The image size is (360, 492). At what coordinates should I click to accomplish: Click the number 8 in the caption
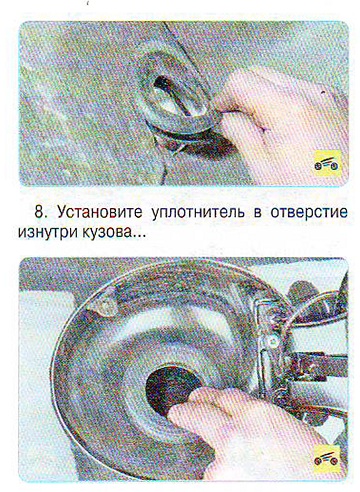click(x=39, y=212)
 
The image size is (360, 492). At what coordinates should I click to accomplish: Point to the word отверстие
click(x=309, y=213)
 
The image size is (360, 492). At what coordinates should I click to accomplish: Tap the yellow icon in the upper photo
click(x=328, y=163)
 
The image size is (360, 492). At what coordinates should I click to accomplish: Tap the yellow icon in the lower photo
click(x=327, y=460)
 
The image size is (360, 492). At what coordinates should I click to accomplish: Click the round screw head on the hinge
click(x=273, y=340)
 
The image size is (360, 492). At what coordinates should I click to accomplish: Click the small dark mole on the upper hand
click(x=323, y=91)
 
